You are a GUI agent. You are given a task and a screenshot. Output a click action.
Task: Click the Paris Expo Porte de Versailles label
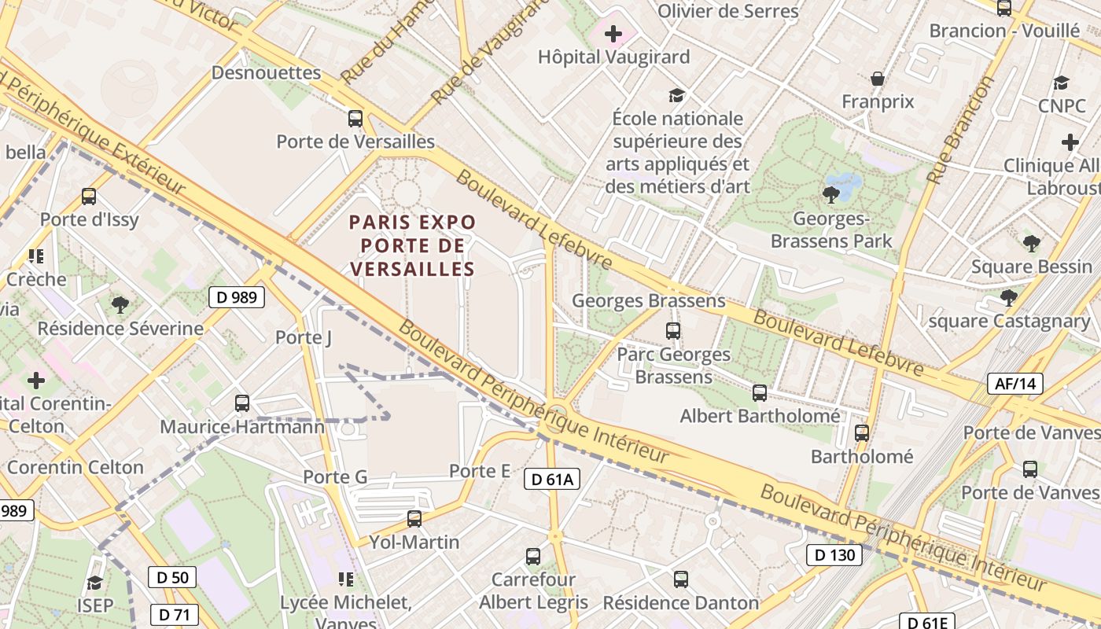pos(413,245)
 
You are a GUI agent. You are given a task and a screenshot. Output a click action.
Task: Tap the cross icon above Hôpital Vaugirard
pos(613,35)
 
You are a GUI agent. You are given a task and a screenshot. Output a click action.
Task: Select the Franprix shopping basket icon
pos(878,79)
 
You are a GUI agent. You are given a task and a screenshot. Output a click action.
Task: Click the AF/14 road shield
pos(1015,384)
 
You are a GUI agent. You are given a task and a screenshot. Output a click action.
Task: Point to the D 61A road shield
pos(552,479)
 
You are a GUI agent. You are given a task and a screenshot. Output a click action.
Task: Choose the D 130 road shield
pos(834,555)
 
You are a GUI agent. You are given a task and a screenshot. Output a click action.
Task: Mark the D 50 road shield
pos(172,577)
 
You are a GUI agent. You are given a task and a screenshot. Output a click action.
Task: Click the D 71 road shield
pos(174,614)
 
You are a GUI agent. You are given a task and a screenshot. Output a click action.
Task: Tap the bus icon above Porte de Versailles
pos(355,119)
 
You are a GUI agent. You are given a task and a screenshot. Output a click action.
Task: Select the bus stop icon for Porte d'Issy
pos(89,197)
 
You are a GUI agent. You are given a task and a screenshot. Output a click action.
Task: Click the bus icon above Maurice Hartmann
pos(242,403)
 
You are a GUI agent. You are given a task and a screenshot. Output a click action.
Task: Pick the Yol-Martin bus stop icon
pos(414,519)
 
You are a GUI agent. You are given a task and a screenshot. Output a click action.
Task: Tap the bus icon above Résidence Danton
pos(681,579)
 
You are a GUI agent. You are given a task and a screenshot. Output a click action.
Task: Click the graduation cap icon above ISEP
pos(95,583)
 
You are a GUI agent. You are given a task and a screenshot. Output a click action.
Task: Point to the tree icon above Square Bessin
pos(1032,244)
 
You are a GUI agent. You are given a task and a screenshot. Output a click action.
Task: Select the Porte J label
pos(304,337)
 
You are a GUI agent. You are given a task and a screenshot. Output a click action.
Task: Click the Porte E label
pos(480,471)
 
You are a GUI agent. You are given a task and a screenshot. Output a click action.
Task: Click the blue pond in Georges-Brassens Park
pos(845,185)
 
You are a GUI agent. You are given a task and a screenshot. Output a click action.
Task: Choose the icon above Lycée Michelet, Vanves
pos(345,579)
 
